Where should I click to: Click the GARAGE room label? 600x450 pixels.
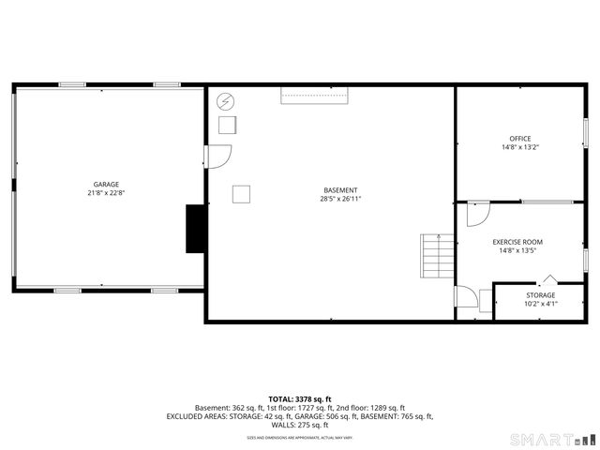(106, 184)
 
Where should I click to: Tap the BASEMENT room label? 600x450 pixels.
(340, 190)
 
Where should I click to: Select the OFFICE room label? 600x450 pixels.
(519, 139)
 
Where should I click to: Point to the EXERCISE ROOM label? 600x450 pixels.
(517, 242)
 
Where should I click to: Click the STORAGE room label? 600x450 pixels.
(540, 295)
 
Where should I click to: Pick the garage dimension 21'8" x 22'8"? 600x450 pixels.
(106, 193)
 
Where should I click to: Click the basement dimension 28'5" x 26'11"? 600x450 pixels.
(340, 199)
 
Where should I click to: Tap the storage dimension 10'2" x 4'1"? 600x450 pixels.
(540, 304)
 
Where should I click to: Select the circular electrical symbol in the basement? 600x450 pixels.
(225, 101)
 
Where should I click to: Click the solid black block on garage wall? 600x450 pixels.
(196, 228)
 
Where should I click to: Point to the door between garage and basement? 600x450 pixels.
(217, 157)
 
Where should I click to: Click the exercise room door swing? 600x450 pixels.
(477, 212)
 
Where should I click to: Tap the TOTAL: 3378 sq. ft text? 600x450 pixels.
(300, 399)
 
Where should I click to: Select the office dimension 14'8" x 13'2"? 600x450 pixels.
(519, 147)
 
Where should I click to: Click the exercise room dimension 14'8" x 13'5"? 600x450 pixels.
(517, 250)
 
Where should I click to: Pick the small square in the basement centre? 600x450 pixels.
(242, 194)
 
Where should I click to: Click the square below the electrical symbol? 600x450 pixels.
(228, 126)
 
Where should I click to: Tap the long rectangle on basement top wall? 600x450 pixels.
(315, 96)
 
